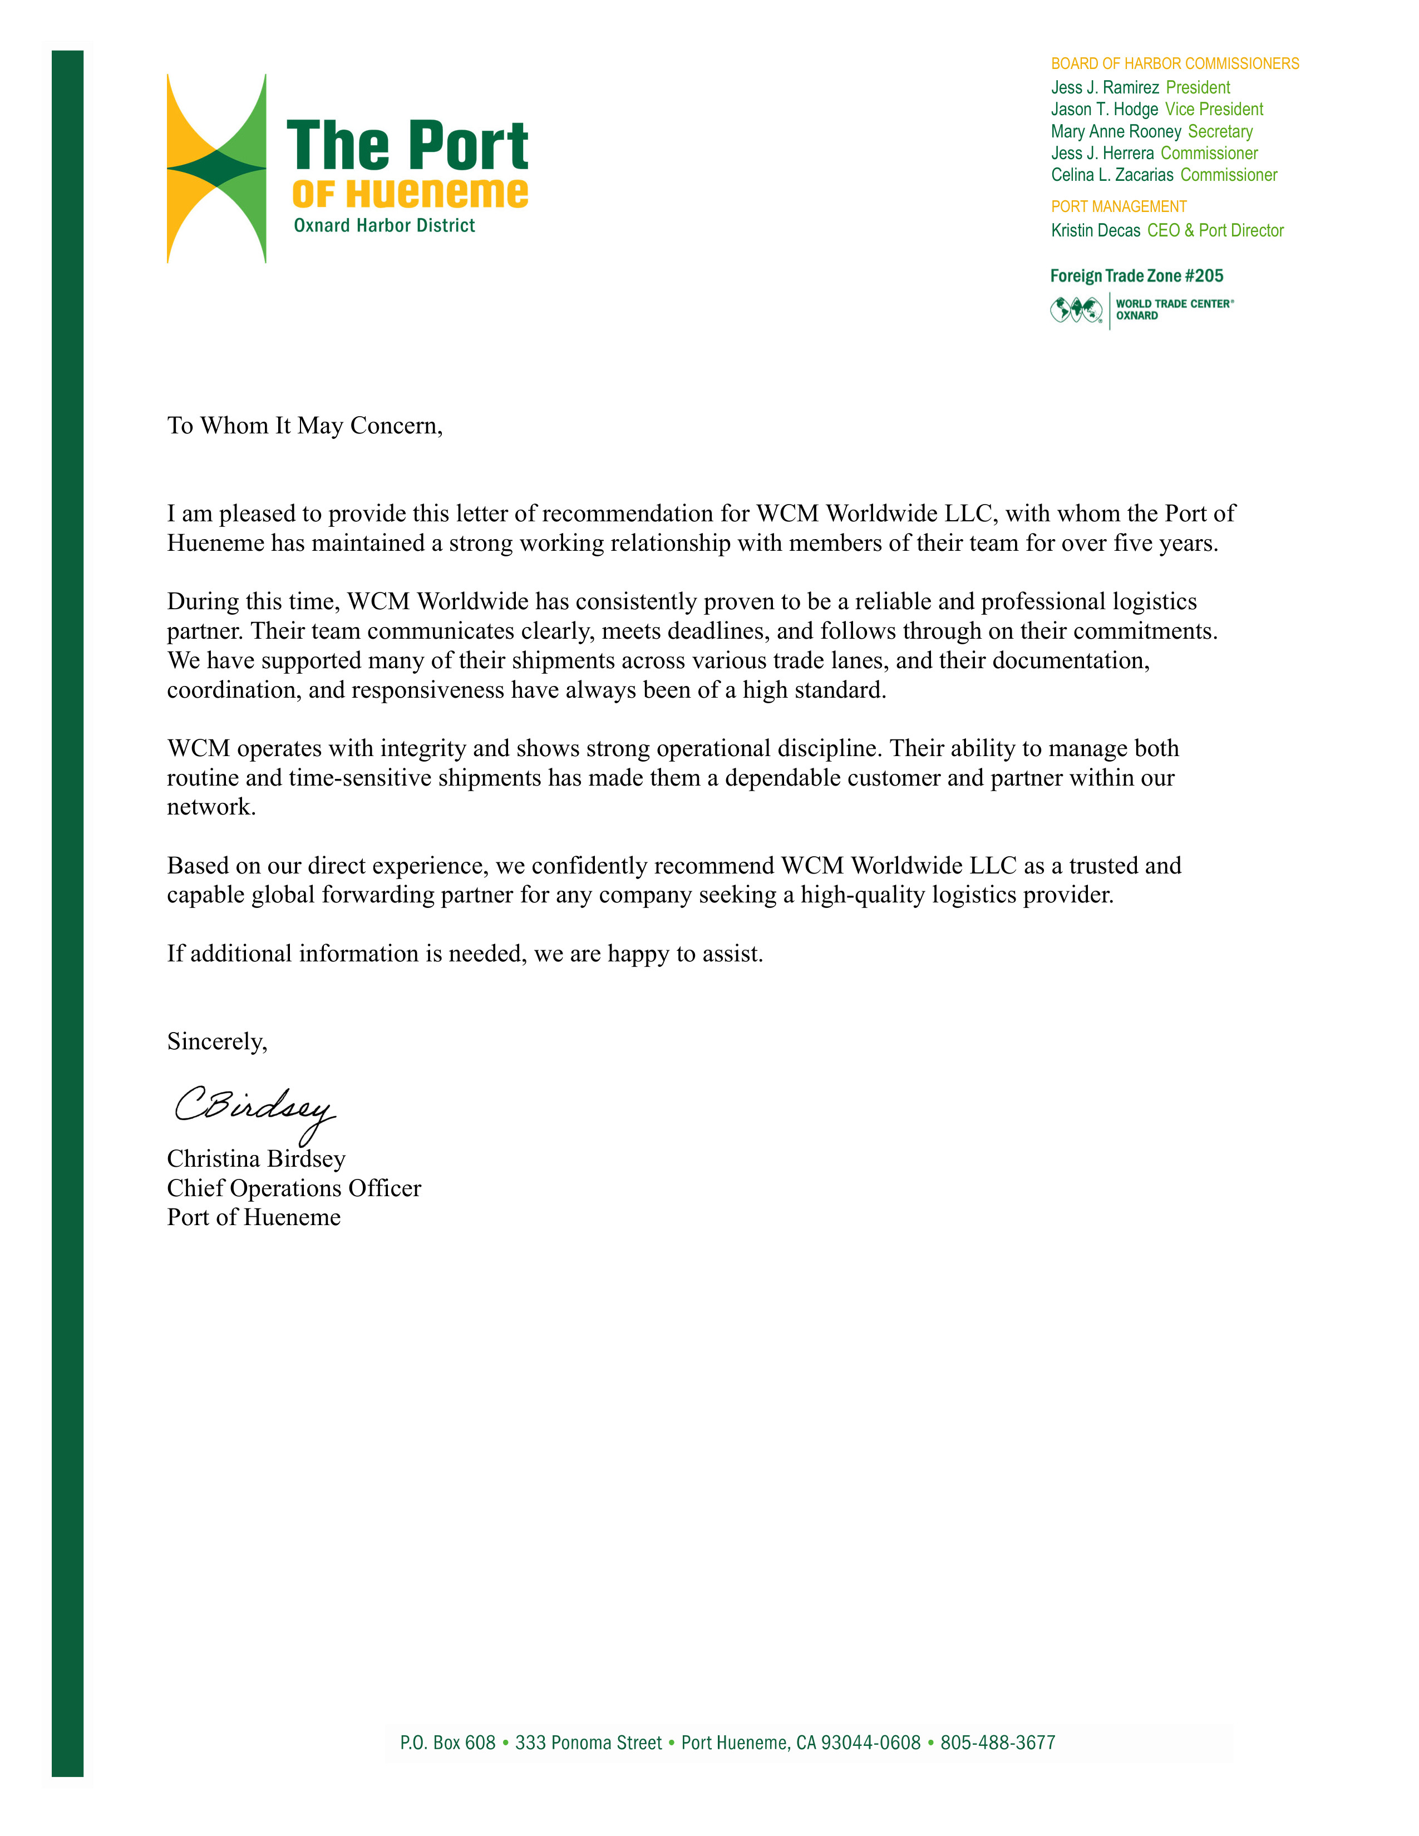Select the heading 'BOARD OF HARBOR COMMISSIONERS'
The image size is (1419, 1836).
1174,64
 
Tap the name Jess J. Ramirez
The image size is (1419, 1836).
1105,87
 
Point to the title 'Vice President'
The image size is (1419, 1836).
1214,109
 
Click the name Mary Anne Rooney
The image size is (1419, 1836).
1116,131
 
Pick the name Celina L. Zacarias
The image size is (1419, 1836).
1111,175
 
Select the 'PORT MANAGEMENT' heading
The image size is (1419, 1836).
1118,207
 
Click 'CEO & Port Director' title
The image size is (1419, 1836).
1215,230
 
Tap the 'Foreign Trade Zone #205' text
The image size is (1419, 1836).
1136,276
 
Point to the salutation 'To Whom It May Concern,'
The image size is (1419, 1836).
304,426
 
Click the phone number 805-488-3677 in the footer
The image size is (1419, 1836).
997,1743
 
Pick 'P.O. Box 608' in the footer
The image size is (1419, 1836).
447,1743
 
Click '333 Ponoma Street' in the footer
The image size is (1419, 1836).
588,1743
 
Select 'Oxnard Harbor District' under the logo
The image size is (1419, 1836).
384,225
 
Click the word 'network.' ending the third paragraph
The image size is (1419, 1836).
211,807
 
